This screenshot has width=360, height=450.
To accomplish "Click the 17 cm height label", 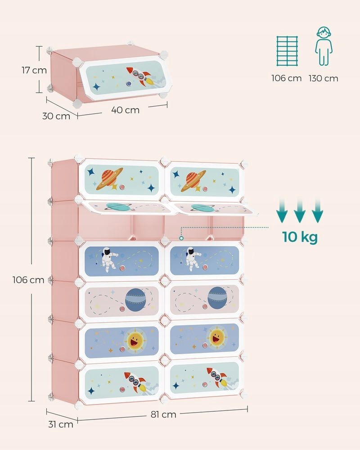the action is (34, 70).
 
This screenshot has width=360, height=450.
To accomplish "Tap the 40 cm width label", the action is (126, 110).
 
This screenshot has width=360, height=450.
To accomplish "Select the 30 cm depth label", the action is (56, 116).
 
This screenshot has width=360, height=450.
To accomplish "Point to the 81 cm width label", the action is (163, 414).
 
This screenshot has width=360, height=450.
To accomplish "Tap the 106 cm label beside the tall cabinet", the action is (28, 280).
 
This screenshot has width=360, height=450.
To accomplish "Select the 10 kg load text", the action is (300, 236).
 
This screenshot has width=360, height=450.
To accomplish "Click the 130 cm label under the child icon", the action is (323, 78).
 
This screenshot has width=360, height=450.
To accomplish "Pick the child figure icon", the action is (323, 46).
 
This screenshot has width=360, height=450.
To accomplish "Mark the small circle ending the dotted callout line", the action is (181, 238).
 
